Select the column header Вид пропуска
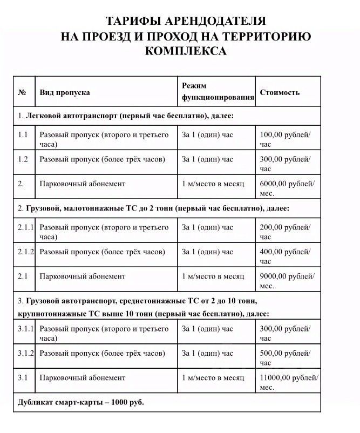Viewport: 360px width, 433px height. (65, 92)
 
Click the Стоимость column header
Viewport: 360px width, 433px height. (280, 92)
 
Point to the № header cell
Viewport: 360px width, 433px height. (22, 92)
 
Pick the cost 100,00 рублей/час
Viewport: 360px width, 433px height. (286, 139)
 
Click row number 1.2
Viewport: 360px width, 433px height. (23, 159)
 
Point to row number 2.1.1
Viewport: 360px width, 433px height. (25, 227)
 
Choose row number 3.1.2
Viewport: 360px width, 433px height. (25, 353)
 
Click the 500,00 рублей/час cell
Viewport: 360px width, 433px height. (286, 358)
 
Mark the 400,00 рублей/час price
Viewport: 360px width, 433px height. (286, 256)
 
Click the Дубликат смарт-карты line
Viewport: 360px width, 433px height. (81, 403)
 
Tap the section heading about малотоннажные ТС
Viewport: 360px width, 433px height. (154, 208)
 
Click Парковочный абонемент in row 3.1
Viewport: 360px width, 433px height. (82, 377)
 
